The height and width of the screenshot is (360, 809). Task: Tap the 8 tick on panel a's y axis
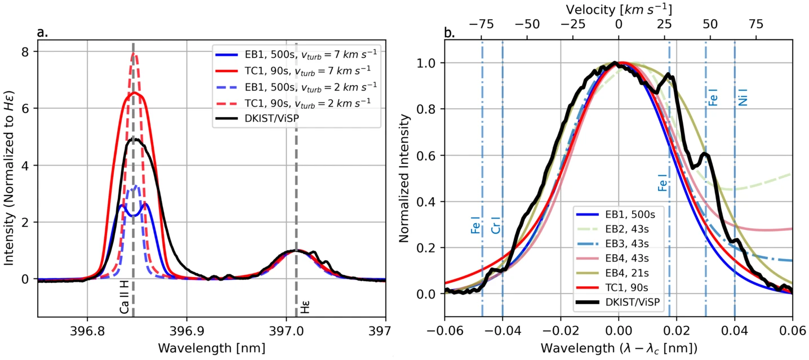pyautogui.click(x=26, y=52)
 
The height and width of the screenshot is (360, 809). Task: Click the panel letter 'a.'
pyautogui.click(x=42, y=33)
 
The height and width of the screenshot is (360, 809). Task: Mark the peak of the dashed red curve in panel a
pyautogui.click(x=134, y=54)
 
